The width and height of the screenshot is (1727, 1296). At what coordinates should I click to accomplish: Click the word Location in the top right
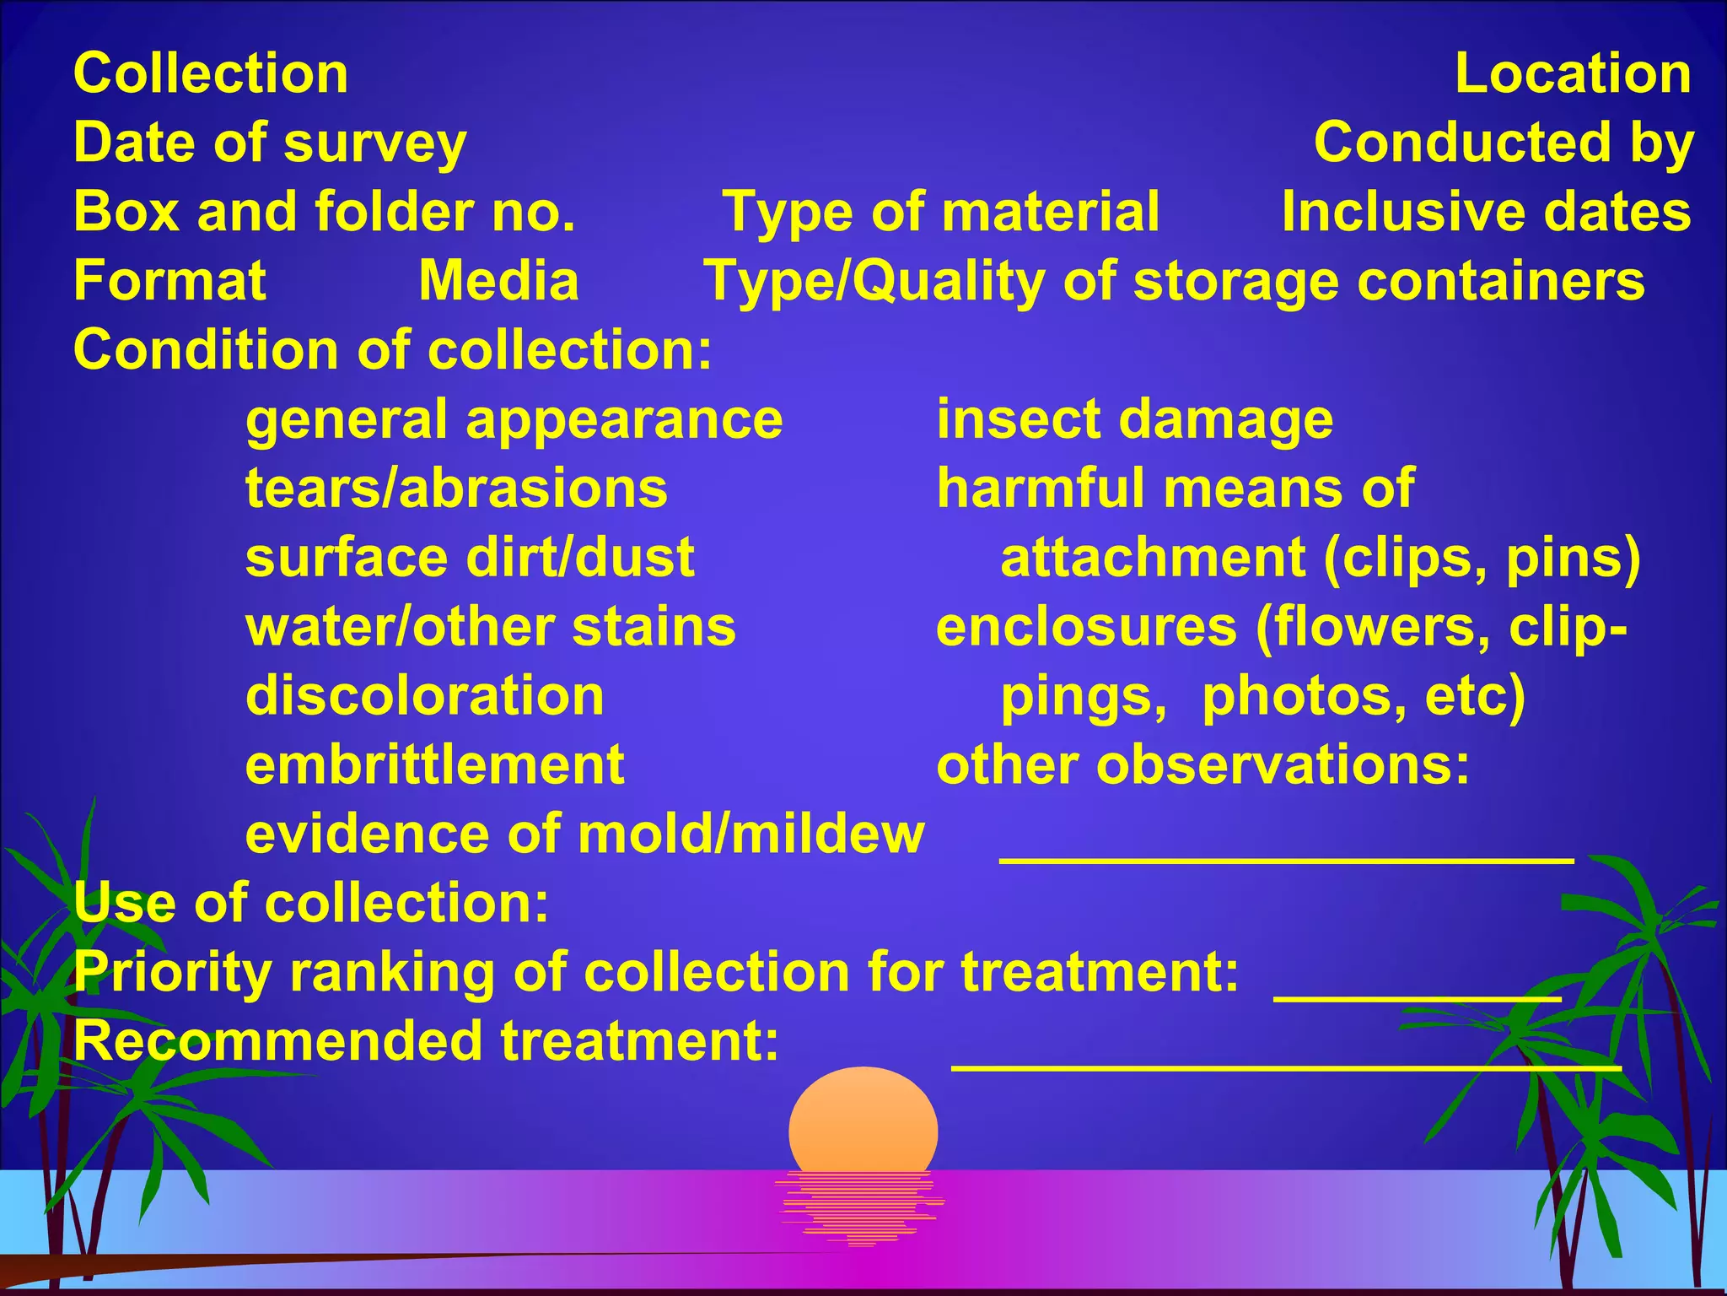point(1573,73)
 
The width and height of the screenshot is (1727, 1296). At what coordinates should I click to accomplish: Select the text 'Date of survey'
point(270,143)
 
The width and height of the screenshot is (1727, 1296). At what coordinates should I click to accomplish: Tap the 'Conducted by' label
point(1504,143)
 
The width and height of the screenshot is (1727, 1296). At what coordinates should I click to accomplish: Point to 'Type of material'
point(941,212)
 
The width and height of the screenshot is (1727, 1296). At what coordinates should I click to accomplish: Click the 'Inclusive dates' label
point(1486,212)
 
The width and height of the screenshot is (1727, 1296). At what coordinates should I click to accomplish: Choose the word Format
point(169,281)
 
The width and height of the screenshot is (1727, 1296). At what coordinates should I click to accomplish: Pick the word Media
point(499,281)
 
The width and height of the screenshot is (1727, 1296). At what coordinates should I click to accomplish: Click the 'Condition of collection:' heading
point(393,350)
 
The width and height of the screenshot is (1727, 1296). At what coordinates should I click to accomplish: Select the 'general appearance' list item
point(514,419)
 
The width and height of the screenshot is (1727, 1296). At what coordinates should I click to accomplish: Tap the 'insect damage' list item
point(1135,419)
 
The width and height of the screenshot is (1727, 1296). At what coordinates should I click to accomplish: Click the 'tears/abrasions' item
point(456,489)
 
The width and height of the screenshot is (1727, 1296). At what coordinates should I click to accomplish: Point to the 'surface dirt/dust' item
point(470,558)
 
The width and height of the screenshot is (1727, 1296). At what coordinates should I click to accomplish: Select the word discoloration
point(425,696)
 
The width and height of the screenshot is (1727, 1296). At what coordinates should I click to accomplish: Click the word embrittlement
point(435,765)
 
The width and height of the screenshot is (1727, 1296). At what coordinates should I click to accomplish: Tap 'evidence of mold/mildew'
point(585,834)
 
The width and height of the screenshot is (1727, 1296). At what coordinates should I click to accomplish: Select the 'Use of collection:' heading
point(311,904)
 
